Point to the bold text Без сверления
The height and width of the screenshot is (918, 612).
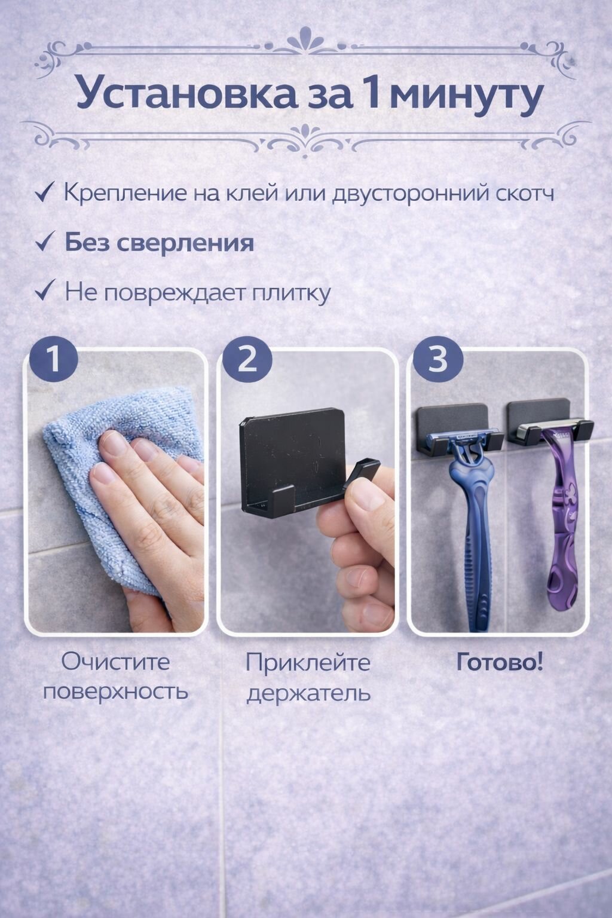159,243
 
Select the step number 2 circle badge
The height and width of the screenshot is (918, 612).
247,362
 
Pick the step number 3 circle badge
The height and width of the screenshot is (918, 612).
438,362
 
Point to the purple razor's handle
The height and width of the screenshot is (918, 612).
562,526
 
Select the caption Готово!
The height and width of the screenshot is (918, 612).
500,663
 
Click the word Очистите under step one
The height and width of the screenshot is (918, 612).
116,662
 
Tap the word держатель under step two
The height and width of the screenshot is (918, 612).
308,693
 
